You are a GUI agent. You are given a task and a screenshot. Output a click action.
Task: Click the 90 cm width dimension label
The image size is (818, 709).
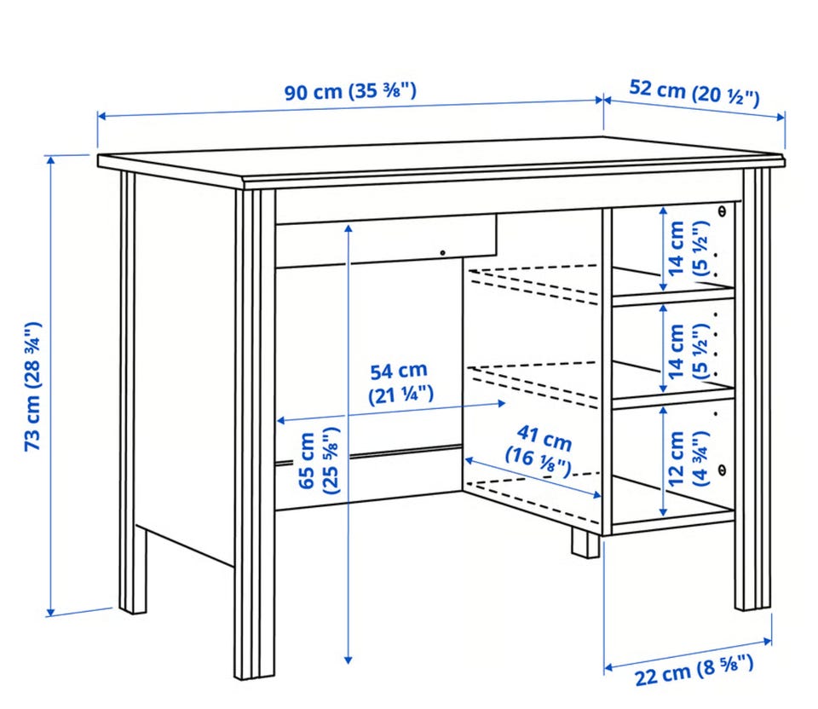click(x=350, y=91)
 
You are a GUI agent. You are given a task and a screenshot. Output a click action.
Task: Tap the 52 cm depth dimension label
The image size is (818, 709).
click(x=694, y=93)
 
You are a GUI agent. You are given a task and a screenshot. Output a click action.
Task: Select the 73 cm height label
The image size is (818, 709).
click(x=32, y=387)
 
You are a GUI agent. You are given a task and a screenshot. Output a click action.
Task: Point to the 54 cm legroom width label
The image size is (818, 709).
click(x=400, y=383)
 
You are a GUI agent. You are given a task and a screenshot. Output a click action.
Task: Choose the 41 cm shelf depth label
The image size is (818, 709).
click(x=540, y=451)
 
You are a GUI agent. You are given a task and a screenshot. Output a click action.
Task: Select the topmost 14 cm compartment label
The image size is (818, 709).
click(x=687, y=248)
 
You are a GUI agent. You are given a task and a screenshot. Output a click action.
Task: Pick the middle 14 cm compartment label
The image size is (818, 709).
click(x=687, y=351)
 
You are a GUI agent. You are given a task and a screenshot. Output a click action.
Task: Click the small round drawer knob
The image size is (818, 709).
click(x=442, y=253)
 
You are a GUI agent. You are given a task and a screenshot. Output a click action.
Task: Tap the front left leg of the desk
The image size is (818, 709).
click(x=254, y=434)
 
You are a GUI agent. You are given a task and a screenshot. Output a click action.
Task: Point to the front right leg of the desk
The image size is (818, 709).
click(x=752, y=389)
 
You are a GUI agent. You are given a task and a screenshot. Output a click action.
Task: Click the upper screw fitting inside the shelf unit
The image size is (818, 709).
click(x=722, y=211)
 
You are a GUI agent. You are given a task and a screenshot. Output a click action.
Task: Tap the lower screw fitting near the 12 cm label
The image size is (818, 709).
click(x=722, y=470)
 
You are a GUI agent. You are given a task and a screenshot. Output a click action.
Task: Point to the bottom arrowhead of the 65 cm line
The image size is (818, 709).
click(x=349, y=660)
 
